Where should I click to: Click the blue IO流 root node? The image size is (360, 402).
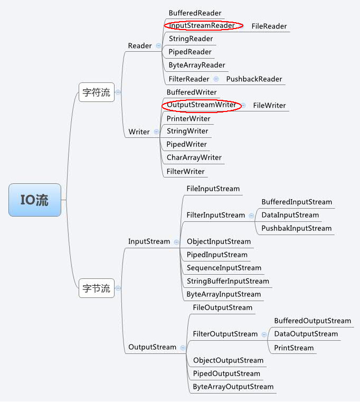pos(35,200)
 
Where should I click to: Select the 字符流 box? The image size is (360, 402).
pos(97,92)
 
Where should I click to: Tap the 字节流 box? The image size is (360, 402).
pos(97,288)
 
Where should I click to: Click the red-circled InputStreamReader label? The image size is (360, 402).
pos(202,25)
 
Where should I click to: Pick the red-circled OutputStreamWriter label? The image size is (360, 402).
pos(201,105)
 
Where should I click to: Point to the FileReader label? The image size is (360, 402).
pos(269,26)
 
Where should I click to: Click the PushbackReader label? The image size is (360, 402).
pos(254,79)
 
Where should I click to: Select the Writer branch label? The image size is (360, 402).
pos(139,132)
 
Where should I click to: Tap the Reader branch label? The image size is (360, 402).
pos(140,46)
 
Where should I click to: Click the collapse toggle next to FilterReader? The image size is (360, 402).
pos(216,79)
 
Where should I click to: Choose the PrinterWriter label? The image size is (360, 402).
pos(188,118)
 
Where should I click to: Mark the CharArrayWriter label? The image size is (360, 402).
pos(194,157)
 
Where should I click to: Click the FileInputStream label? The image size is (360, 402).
pos(213,189)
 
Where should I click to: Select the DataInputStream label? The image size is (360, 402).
pos(290,215)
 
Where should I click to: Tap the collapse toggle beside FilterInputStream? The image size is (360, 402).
pos(251,216)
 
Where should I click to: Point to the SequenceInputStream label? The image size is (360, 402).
pos(224,268)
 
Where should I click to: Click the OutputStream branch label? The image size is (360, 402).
pos(152,347)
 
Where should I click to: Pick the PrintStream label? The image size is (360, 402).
pos(293,348)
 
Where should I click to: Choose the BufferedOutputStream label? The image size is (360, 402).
pos(312,321)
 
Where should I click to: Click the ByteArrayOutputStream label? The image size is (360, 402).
pos(233,387)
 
